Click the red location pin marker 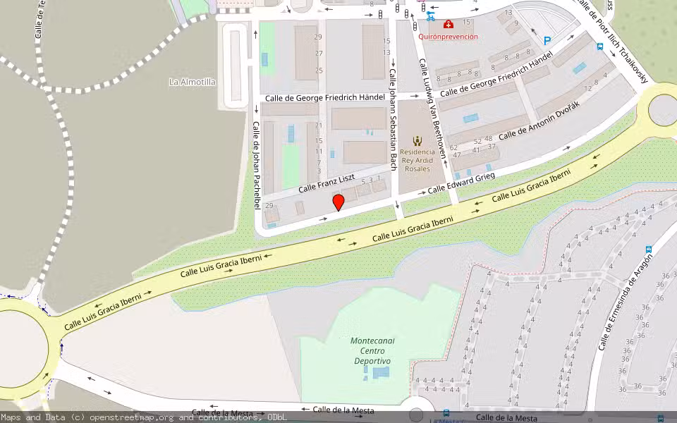[x=338, y=202]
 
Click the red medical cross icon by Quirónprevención [x=448, y=24]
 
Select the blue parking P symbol [x=547, y=42]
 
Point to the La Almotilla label [x=193, y=82]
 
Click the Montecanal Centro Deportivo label [x=372, y=350]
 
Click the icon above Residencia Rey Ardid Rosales [x=417, y=140]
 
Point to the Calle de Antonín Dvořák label [x=539, y=120]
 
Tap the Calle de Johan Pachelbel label [x=257, y=164]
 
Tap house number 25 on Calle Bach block [x=319, y=70]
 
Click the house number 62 [x=453, y=148]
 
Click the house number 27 [x=319, y=54]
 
